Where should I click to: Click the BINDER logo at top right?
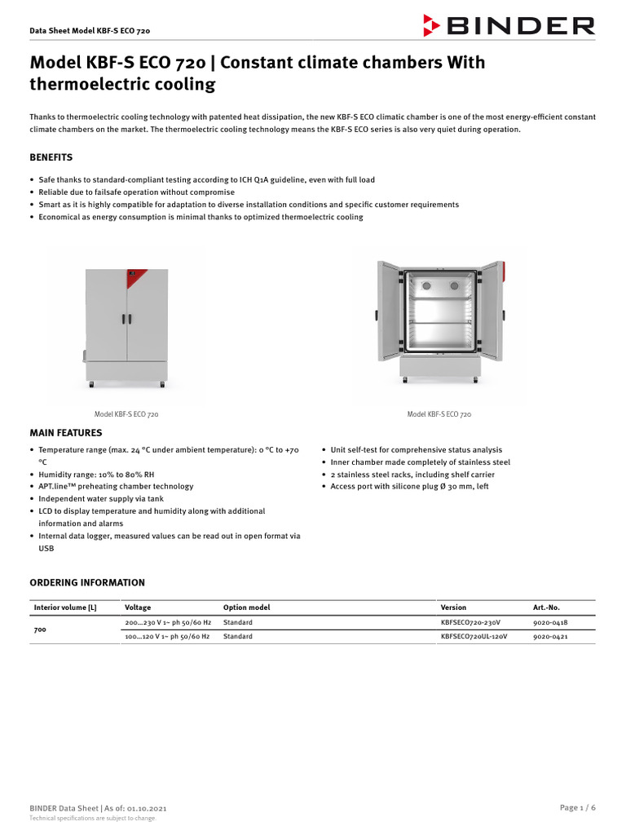[509, 25]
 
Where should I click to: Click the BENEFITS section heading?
[51, 157]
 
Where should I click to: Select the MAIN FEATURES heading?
[66, 433]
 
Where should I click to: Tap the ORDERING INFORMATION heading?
[87, 583]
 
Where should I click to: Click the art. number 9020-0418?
[550, 622]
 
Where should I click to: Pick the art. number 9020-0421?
[550, 636]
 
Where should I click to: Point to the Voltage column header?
[138, 607]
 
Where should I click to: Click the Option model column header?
[246, 607]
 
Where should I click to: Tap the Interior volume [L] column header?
[64, 607]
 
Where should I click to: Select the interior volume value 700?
[40, 630]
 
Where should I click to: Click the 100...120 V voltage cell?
[166, 636]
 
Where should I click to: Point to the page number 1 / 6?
[578, 807]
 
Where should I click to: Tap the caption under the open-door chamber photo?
[439, 415]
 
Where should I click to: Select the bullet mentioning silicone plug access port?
[409, 486]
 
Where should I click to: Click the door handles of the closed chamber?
[126, 319]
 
